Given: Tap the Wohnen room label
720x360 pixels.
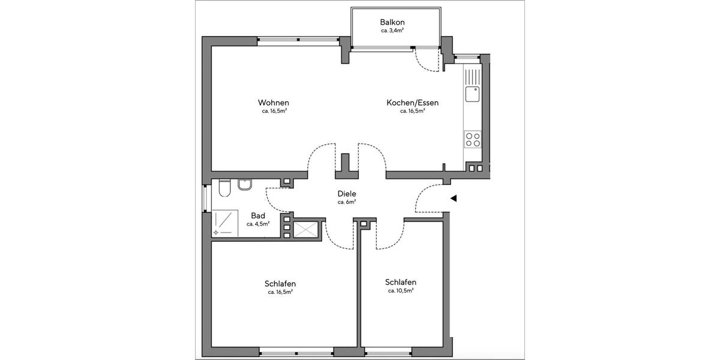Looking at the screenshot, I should click(274, 103).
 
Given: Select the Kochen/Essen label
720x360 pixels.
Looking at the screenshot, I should click(412, 103).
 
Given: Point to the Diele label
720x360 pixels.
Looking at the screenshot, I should click(347, 194).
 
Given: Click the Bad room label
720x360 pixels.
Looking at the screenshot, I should click(258, 215).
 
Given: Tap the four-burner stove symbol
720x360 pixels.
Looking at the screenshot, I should click(473, 140).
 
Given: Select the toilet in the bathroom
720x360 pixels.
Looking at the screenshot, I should click(224, 188).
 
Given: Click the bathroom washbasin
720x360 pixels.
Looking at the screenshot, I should click(245, 185).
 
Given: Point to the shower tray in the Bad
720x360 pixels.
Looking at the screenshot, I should click(223, 222).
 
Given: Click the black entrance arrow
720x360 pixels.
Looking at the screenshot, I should click(454, 198).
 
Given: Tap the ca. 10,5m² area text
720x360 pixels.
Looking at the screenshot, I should click(401, 290).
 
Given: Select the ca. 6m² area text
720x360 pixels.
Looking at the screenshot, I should click(347, 202).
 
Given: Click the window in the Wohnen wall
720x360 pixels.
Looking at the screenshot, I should click(299, 41).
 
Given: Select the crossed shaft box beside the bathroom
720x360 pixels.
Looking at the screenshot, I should click(307, 227).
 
